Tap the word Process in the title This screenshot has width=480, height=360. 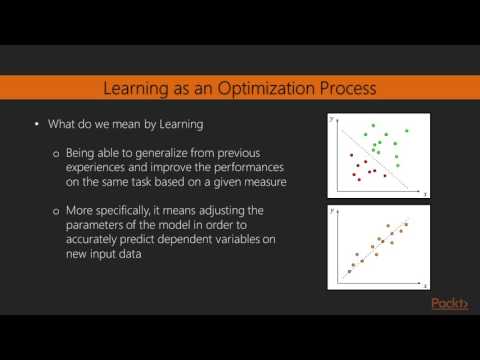tap(343, 89)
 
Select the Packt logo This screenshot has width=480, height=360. tap(448, 304)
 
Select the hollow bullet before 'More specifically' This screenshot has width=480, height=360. tap(56, 212)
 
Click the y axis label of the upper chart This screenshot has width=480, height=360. tap(333, 118)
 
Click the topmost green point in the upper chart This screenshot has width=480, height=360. tap(374, 126)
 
